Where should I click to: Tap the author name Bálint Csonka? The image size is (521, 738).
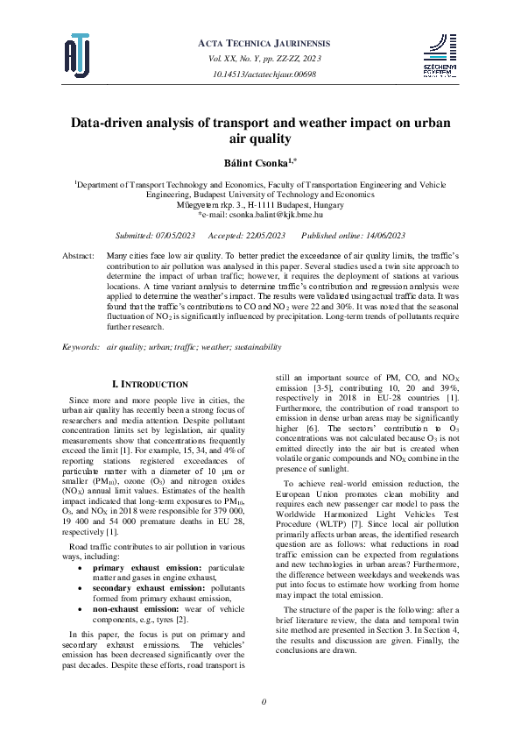(257, 163)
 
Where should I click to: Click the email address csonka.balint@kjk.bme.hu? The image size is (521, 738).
(268, 214)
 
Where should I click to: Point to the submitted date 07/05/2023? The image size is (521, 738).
(172, 237)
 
